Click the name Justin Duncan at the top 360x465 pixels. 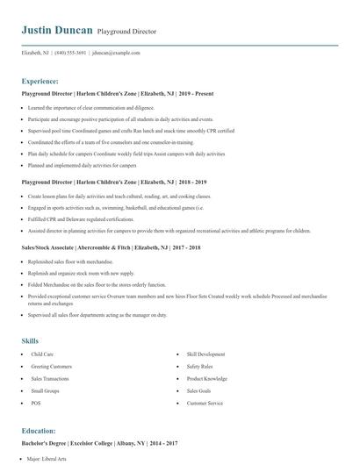point(57,30)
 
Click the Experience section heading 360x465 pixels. point(40,80)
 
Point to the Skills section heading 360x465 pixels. point(30,340)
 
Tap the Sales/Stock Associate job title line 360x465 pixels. point(112,248)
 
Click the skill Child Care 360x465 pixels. point(42,354)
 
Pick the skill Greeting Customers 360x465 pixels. point(52,366)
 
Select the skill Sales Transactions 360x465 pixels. point(51,378)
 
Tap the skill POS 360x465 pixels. point(36,403)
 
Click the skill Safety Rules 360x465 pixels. point(199,366)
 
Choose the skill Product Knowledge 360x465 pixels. point(205,378)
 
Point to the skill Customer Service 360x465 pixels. point(205,403)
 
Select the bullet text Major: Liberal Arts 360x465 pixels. point(48,459)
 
